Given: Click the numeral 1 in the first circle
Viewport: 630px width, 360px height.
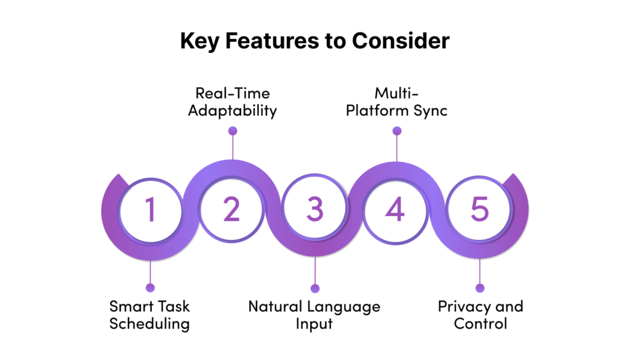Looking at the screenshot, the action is pyautogui.click(x=150, y=209).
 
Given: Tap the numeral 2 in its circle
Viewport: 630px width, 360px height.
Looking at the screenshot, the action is pyautogui.click(x=231, y=209).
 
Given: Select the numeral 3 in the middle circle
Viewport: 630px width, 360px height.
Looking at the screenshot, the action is pyautogui.click(x=314, y=209).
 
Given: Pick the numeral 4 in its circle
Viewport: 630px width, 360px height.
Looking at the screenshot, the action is pyautogui.click(x=395, y=209).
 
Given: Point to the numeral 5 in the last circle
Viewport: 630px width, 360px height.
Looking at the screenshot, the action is pyautogui.click(x=479, y=209).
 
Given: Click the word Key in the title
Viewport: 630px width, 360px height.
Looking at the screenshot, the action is pyautogui.click(x=199, y=41).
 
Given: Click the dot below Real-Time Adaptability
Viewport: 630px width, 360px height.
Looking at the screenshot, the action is pyautogui.click(x=233, y=130).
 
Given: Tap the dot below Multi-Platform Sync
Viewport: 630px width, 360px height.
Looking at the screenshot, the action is pyautogui.click(x=397, y=130).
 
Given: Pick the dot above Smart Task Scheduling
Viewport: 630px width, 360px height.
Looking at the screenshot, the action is pyautogui.click(x=150, y=287).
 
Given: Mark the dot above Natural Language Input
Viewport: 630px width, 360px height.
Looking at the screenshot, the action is pyautogui.click(x=315, y=288).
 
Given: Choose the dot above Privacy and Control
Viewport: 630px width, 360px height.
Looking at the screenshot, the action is pyautogui.click(x=480, y=288).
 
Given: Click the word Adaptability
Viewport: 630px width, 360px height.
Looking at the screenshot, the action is pyautogui.click(x=233, y=111).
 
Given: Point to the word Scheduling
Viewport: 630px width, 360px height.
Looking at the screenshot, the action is pyautogui.click(x=150, y=324).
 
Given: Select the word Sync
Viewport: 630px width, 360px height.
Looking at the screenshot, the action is pyautogui.click(x=430, y=111).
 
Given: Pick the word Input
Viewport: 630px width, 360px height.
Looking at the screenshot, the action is pyautogui.click(x=314, y=324).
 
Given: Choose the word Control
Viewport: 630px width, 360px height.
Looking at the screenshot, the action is pyautogui.click(x=480, y=324).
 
